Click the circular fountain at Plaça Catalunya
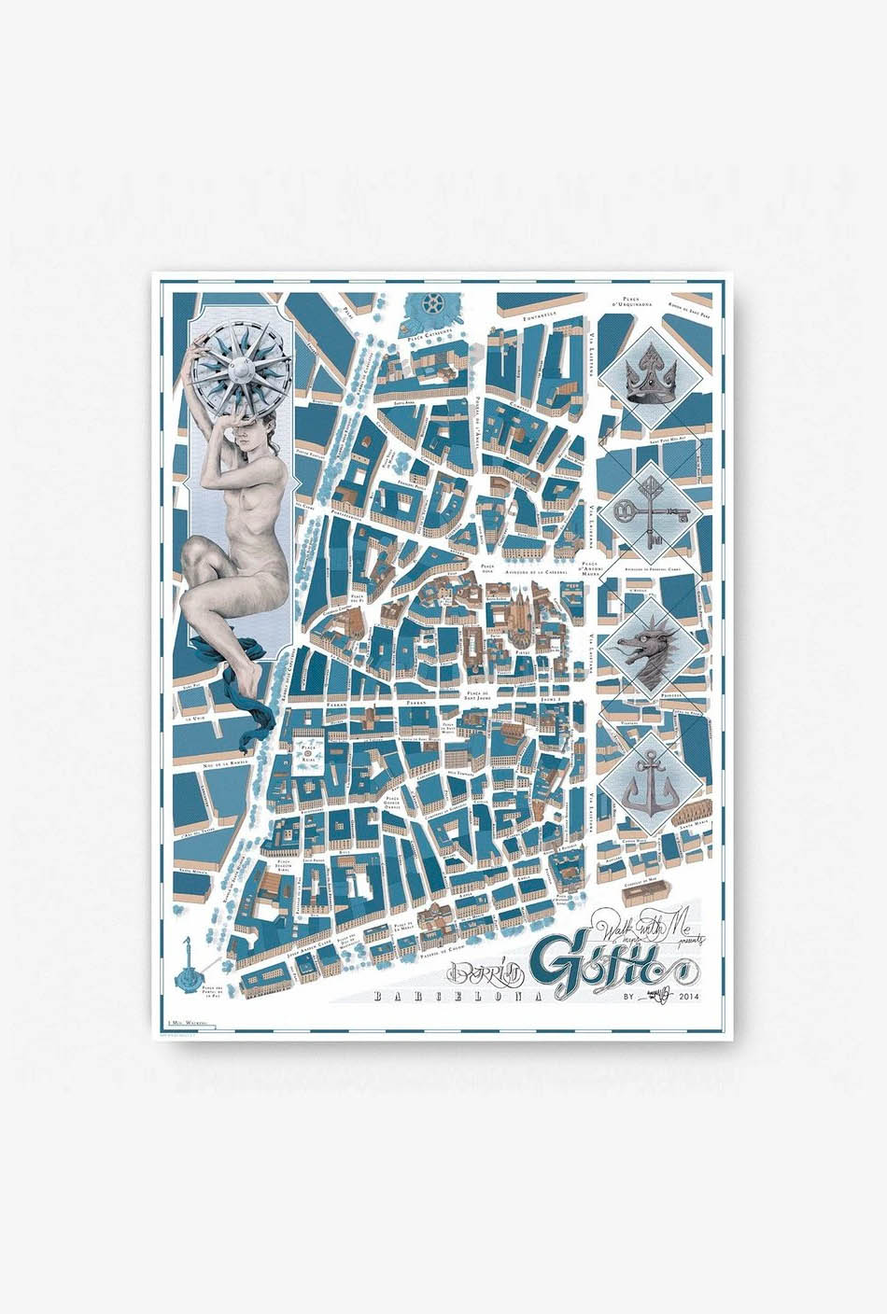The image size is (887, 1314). (431, 303)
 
